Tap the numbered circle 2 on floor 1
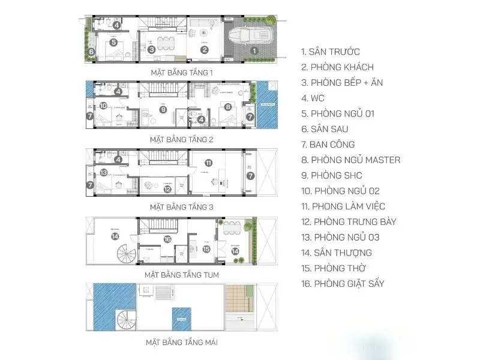pos(204,50)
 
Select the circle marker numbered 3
pos(152,50)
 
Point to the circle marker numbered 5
pos(113,43)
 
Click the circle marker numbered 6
pos(91,52)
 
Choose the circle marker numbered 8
pos(228,107)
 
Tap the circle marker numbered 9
pos(163,109)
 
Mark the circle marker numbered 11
pos(208,162)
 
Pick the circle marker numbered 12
pos(167,188)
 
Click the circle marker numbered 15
pos(206,249)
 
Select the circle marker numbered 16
pos(167,239)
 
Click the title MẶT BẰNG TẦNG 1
pos(182,73)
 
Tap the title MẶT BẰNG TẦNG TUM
pos(181,275)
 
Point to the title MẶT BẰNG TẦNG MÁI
pos(181,343)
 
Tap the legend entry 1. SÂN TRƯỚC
pos(331,52)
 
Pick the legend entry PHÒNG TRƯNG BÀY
pos(349,221)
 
